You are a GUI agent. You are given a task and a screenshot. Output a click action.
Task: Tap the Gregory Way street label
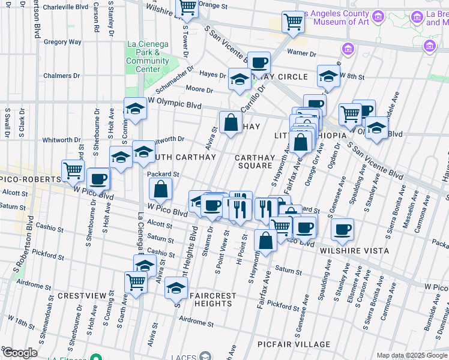pyautogui.click(x=62, y=42)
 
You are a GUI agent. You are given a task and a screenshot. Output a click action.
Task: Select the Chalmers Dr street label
pyautogui.click(x=61, y=76)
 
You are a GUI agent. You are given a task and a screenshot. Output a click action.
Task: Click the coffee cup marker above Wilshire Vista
pyautogui.click(x=342, y=229)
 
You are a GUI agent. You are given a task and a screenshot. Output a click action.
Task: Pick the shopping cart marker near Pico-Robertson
pyautogui.click(x=73, y=170)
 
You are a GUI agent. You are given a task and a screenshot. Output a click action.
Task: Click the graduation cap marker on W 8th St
pyautogui.click(x=328, y=76)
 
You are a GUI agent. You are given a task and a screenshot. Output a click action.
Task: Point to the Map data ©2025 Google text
pyautogui.click(x=412, y=355)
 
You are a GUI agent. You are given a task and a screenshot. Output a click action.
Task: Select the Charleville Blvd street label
pyautogui.click(x=66, y=7)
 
